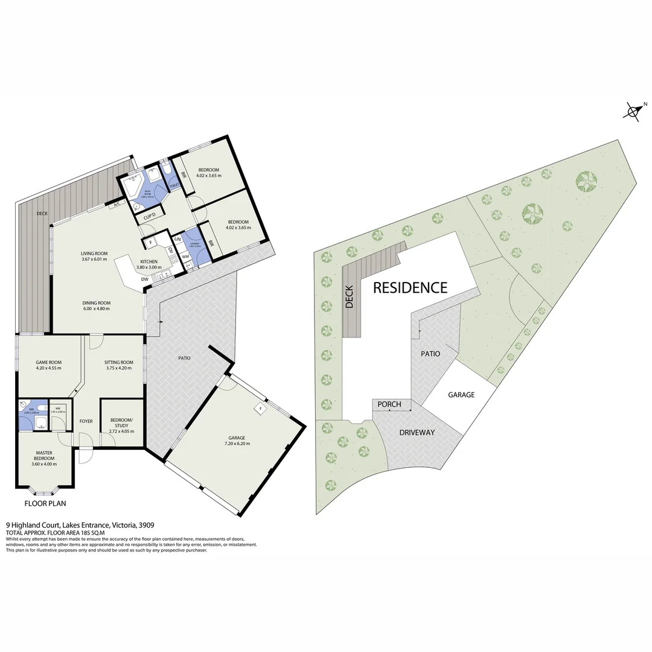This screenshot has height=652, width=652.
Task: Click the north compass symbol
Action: [633, 111]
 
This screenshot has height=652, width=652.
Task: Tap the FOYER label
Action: [86, 421]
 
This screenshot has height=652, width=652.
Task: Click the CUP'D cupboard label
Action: [150, 216]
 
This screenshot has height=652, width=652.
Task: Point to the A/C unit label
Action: [116, 205]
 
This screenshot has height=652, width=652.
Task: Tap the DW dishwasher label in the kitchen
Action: [145, 279]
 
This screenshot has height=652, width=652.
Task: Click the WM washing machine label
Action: [185, 257]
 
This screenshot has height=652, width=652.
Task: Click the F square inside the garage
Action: [260, 407]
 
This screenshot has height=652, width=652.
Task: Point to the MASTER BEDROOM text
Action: [43, 455]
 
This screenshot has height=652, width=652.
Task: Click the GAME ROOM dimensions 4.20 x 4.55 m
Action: [48, 368]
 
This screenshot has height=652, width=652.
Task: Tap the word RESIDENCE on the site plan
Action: [410, 287]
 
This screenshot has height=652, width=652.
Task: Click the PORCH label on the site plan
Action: [389, 404]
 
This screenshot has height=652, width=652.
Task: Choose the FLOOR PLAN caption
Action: [45, 503]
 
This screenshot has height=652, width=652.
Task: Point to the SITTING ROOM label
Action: [119, 362]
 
